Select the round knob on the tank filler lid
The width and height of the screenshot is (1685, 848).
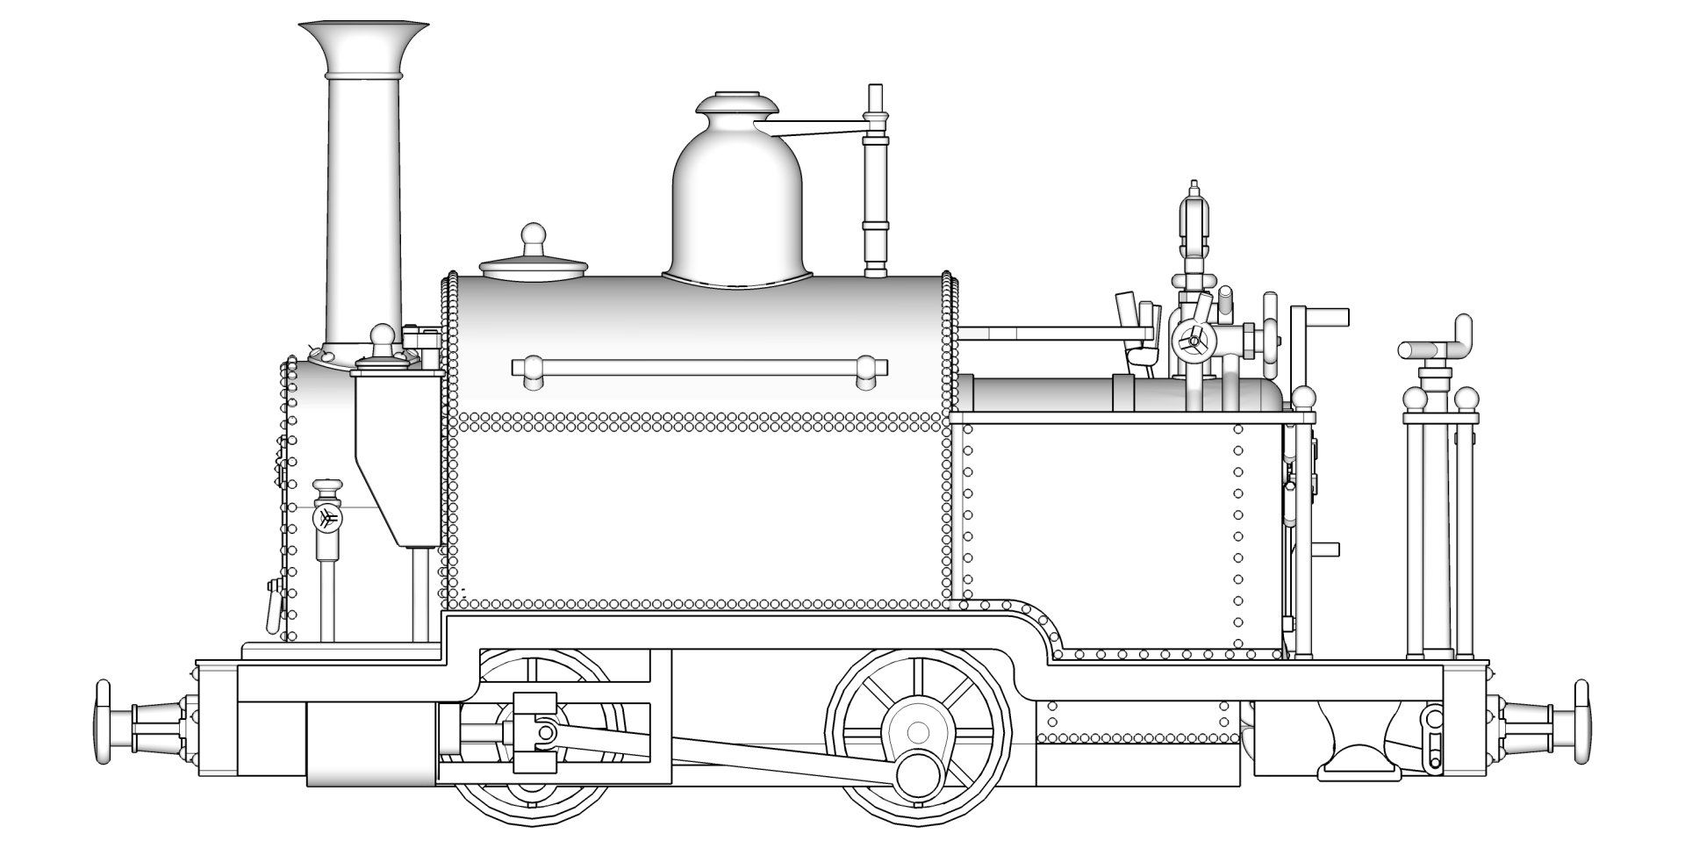pyautogui.click(x=534, y=235)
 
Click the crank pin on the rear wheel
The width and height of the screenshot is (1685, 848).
pyautogui.click(x=920, y=773)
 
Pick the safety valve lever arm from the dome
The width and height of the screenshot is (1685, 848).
pyautogui.click(x=821, y=132)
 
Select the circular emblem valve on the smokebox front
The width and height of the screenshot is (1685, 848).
pyautogui.click(x=326, y=519)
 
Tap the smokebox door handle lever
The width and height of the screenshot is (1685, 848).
pyautogui.click(x=275, y=606)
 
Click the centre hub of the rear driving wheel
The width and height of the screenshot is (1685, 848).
pyautogui.click(x=918, y=730)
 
